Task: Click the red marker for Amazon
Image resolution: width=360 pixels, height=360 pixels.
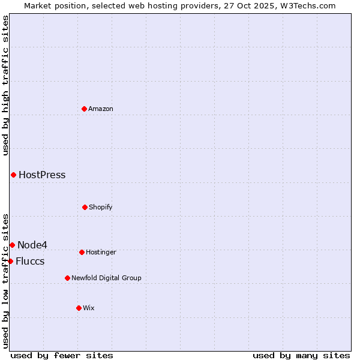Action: (84, 109)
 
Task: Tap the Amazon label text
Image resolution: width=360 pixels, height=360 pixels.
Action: (101, 109)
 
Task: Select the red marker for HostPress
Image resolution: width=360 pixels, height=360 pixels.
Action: (13, 175)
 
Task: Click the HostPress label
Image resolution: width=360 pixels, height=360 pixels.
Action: (42, 175)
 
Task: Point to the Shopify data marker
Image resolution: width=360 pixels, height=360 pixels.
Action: (85, 207)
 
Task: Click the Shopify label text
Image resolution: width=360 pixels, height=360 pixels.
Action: (101, 208)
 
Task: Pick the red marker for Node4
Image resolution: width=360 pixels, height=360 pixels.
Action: (12, 245)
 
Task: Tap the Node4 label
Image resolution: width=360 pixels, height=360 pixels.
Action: (32, 245)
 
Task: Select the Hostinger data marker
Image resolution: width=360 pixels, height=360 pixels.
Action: (82, 252)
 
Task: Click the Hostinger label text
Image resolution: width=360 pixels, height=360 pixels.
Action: (101, 253)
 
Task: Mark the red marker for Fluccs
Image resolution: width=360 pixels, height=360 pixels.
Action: (10, 261)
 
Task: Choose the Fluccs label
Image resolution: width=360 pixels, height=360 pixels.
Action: (30, 262)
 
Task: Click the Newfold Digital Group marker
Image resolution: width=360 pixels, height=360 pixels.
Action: (67, 278)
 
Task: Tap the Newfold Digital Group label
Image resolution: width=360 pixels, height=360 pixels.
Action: (106, 278)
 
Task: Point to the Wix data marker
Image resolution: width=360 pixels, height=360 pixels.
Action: (79, 308)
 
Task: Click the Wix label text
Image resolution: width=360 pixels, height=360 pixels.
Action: (89, 308)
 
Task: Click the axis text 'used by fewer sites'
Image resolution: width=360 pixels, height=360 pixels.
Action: (62, 355)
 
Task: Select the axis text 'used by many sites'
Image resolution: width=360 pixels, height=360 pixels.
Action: (301, 355)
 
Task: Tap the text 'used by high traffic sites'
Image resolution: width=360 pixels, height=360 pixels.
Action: (5, 85)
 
